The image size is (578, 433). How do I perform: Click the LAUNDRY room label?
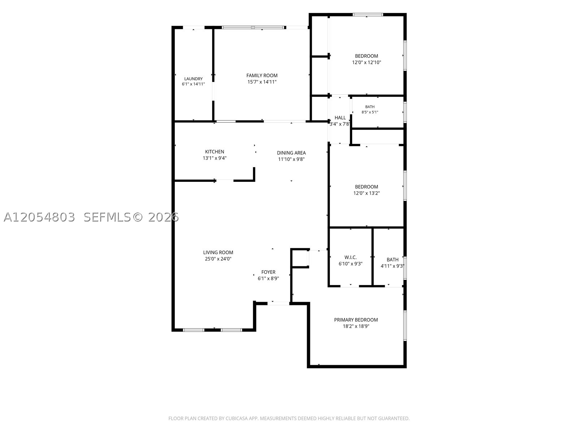193,79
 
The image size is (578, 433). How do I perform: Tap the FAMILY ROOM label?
262,75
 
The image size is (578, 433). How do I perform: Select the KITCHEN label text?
215,152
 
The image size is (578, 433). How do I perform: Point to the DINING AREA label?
291,153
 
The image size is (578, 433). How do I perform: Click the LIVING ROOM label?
218,252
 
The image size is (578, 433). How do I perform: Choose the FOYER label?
268,272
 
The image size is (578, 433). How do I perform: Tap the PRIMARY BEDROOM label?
356,320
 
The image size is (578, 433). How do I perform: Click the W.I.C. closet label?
350,257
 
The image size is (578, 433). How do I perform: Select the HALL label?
340,118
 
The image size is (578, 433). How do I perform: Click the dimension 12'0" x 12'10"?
367,62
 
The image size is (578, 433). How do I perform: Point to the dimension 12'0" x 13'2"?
367,193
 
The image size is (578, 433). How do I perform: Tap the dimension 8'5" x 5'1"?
370,112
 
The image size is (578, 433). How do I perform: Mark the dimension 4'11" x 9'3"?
392,266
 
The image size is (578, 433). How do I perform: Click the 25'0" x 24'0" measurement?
218,259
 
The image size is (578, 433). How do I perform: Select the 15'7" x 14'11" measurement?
262,82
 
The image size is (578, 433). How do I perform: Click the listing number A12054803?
39,217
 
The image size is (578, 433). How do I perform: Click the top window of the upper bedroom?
368,15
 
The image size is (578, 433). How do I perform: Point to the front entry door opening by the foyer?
278,303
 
